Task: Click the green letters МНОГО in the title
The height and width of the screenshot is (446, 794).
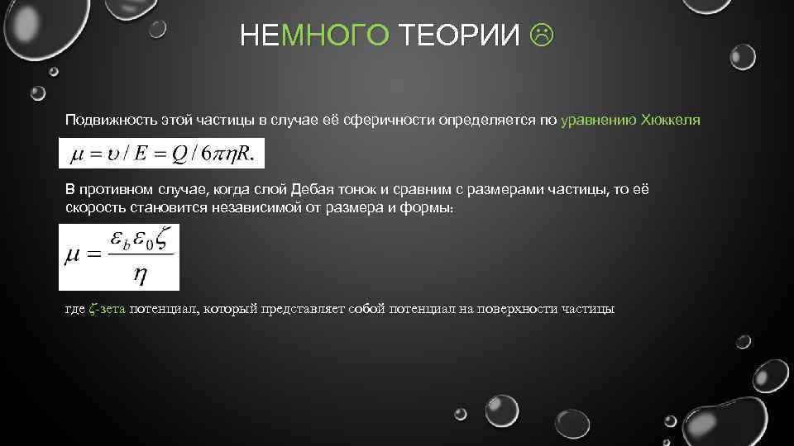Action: (x=334, y=36)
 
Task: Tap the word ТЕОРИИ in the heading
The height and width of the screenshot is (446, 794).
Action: (x=460, y=36)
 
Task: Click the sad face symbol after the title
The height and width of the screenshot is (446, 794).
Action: (x=543, y=36)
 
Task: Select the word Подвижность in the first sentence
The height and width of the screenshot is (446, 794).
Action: (x=103, y=121)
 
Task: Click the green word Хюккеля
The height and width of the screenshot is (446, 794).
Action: (x=671, y=121)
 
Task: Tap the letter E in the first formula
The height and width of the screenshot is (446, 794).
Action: (x=139, y=154)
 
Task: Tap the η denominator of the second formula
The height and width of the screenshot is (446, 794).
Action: (x=141, y=277)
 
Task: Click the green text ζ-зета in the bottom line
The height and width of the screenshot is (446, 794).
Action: (x=107, y=309)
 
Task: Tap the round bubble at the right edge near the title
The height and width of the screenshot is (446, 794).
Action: (x=742, y=56)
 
